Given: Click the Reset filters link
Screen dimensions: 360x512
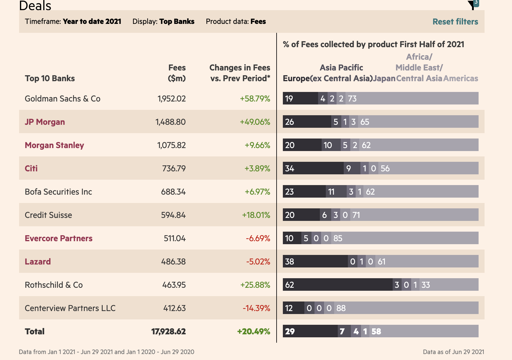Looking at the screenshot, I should point(455,22).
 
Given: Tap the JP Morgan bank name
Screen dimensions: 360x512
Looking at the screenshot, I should point(45,122).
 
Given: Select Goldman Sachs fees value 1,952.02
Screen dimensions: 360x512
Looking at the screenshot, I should point(172,99).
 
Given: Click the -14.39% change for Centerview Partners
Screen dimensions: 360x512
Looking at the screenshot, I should point(256,308).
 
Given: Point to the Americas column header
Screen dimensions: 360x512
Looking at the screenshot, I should point(461,79).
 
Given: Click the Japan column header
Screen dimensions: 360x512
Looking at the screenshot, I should point(384,79).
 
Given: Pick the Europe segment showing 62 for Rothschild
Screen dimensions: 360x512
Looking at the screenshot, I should point(337,284).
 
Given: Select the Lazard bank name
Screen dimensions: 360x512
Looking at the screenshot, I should point(38,261).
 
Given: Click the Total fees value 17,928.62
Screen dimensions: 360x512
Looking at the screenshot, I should point(168,331).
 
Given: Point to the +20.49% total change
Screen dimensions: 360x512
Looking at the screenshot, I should point(254,331).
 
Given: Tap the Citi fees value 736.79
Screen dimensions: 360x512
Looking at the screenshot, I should point(174,168).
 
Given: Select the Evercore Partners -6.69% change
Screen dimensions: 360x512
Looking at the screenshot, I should point(258,238).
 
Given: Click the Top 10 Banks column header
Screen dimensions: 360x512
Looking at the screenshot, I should point(50,79).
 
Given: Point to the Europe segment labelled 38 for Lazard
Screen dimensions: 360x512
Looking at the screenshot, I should point(315,261).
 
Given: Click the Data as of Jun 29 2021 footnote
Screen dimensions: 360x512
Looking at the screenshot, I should point(453,352).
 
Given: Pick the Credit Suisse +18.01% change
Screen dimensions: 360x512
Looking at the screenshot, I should point(256,215).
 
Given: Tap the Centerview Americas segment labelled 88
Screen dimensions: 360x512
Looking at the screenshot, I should point(406,308).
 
